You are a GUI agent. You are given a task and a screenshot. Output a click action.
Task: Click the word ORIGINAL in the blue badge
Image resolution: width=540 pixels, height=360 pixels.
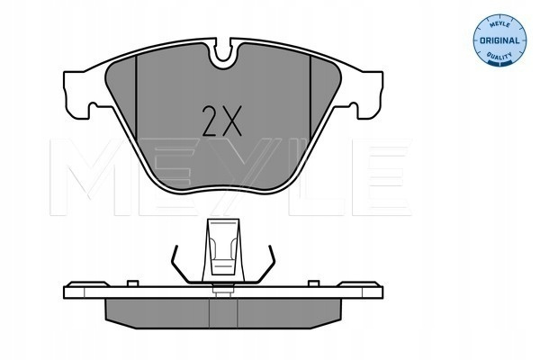click(x=499, y=40)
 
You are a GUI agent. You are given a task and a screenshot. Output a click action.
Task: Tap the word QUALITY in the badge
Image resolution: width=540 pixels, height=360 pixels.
click(x=499, y=56)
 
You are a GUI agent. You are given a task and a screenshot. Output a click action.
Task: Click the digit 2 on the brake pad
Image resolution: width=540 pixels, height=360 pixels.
click(x=210, y=121)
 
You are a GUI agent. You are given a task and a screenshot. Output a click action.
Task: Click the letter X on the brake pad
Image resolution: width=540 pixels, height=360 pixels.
click(x=231, y=121)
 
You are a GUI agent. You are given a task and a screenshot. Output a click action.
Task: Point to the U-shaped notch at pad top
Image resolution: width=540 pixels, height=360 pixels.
click(x=223, y=53)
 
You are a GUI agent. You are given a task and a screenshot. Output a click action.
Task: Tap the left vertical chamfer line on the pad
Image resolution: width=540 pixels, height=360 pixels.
click(x=137, y=97)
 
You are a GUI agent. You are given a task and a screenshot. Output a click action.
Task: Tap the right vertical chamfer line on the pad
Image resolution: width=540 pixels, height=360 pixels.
click(x=310, y=97)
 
